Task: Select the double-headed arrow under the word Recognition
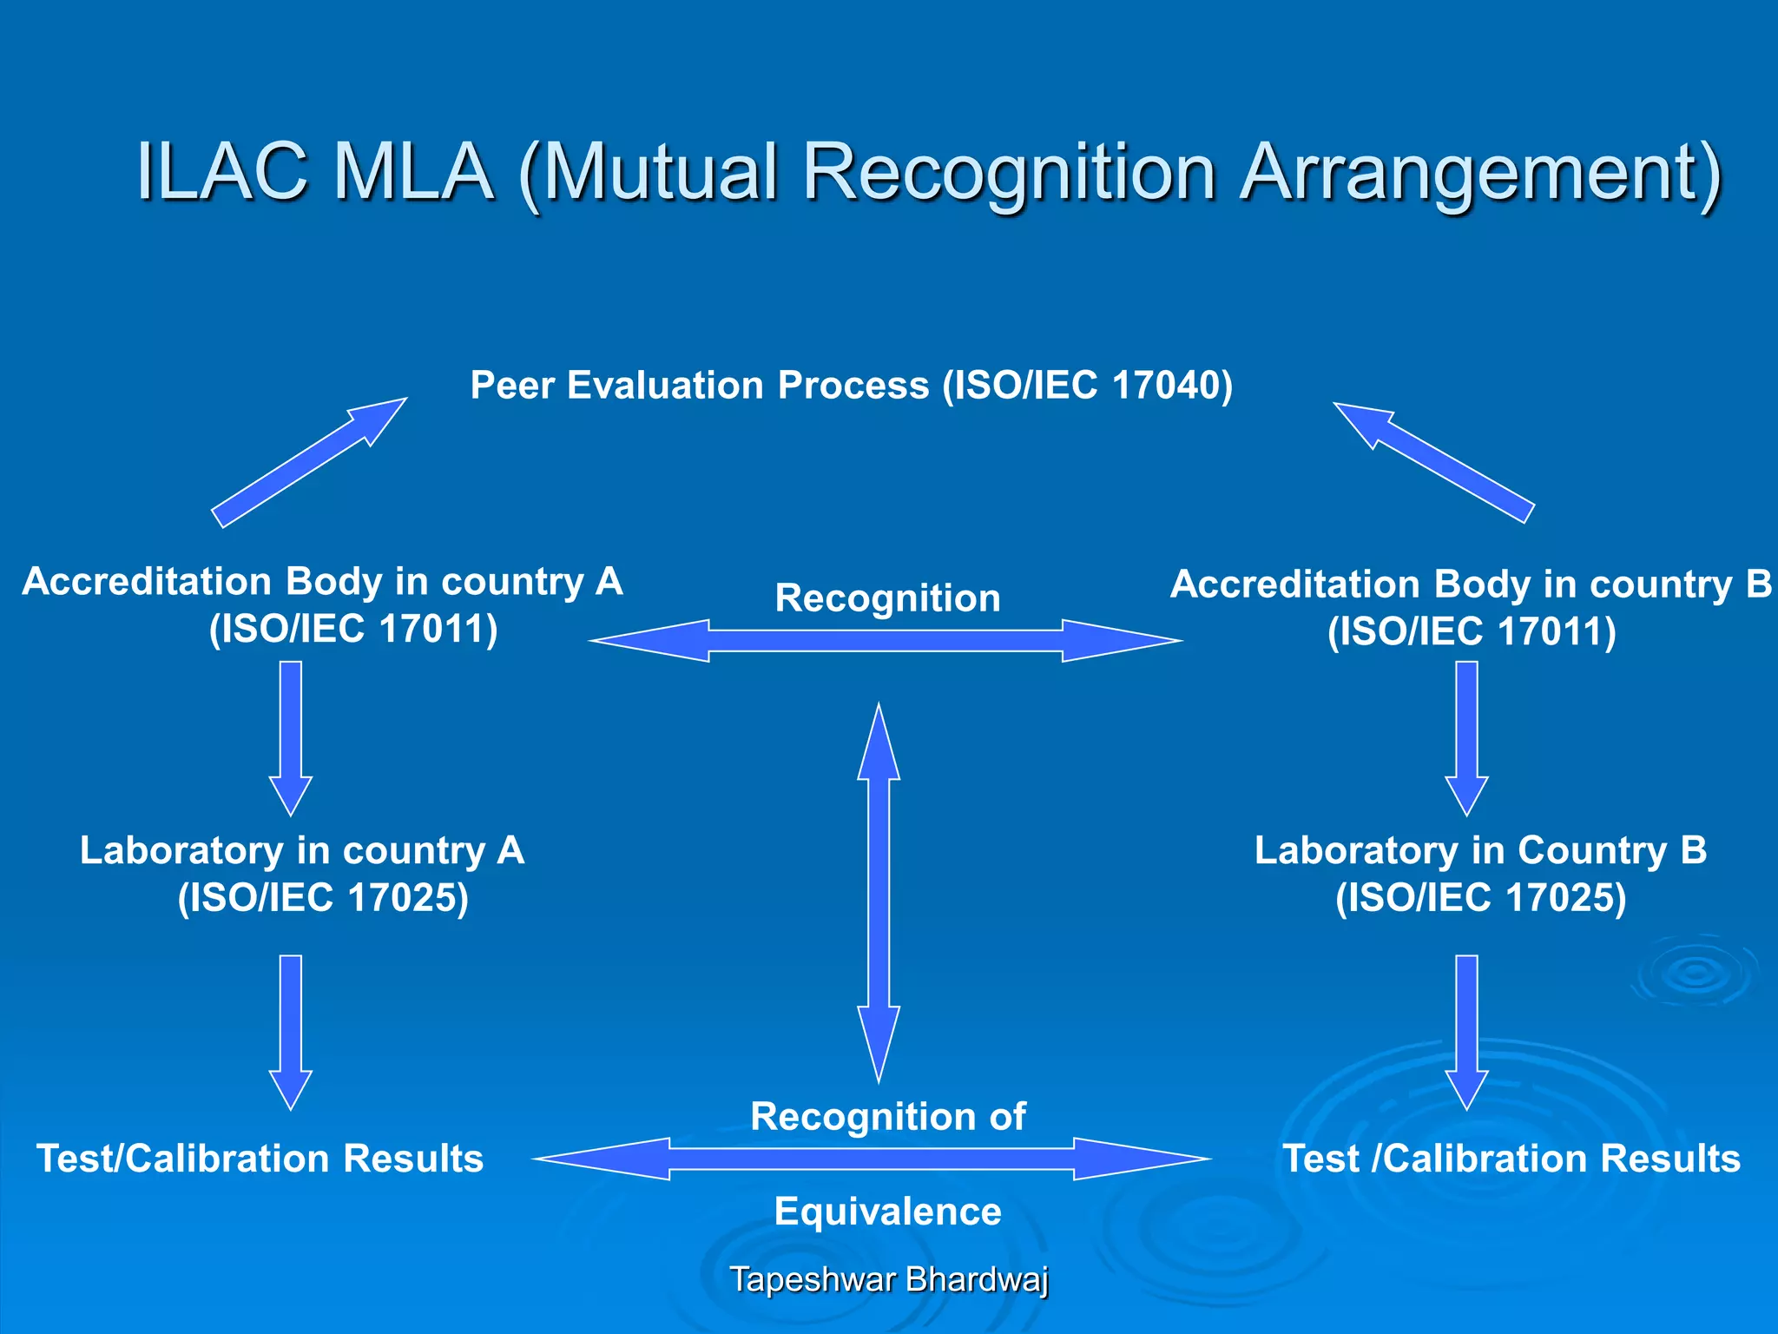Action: pos(886,641)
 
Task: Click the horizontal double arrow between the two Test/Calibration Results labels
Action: pos(872,1159)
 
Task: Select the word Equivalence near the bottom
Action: pos(887,1211)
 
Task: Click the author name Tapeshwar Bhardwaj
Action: pos(888,1279)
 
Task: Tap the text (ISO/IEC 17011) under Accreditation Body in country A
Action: pos(353,629)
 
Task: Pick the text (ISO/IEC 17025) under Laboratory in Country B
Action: pos(1480,897)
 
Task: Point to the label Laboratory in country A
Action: pos(302,850)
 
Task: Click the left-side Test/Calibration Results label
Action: pos(260,1159)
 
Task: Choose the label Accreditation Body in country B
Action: pos(1471,584)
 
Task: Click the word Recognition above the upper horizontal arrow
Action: pos(887,598)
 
